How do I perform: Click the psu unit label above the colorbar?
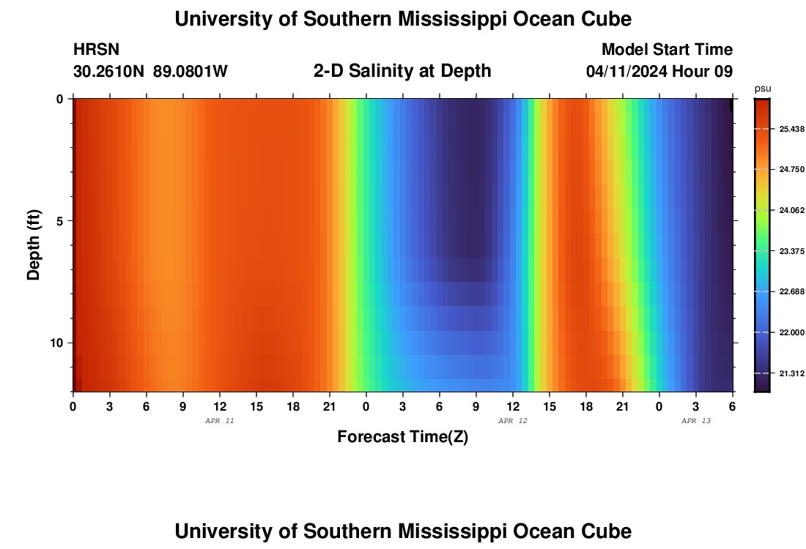[x=762, y=89]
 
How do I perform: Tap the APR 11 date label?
[x=220, y=421]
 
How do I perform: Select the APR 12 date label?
[x=513, y=421]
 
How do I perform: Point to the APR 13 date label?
[x=696, y=421]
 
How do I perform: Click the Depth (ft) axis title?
[x=34, y=245]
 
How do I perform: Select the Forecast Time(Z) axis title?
[x=402, y=437]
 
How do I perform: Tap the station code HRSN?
[x=96, y=50]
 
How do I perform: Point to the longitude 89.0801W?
[x=191, y=72]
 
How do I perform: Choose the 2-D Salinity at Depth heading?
[x=402, y=71]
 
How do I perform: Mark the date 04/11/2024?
[x=626, y=72]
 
